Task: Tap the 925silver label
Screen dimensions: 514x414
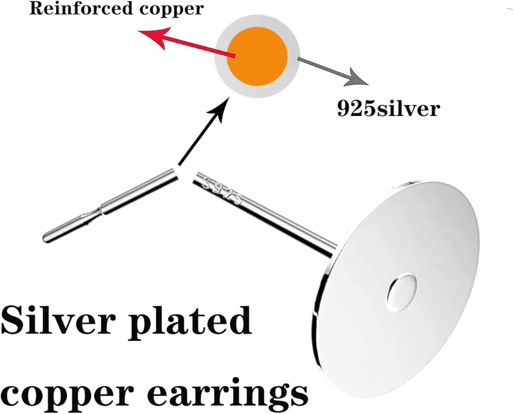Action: pyautogui.click(x=388, y=109)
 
